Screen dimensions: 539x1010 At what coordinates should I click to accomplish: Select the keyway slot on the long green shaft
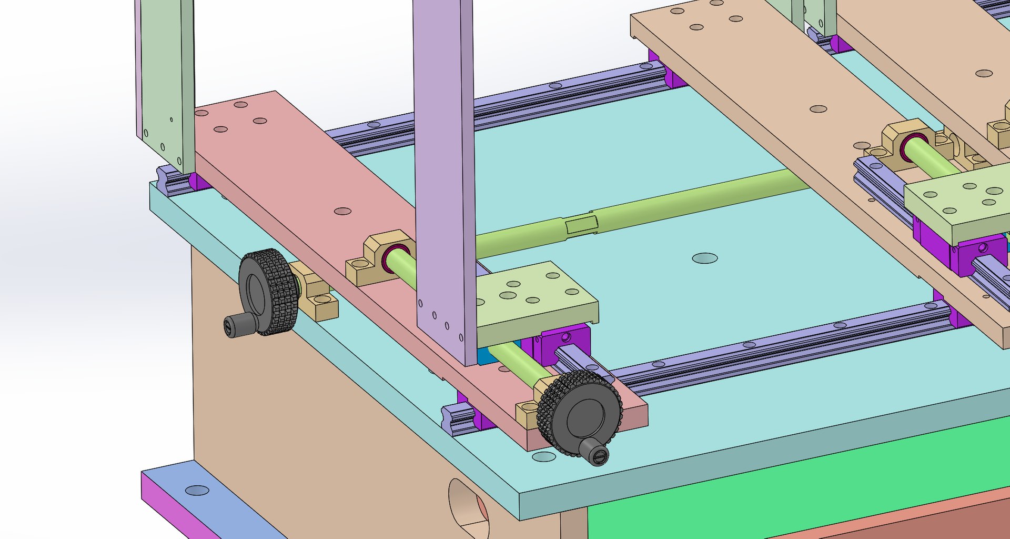pos(582,226)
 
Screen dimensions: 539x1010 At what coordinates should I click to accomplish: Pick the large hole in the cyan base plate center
pos(704,258)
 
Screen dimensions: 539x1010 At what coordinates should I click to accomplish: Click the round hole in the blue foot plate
pos(197,491)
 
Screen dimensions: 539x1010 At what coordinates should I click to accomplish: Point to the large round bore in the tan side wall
pos(468,508)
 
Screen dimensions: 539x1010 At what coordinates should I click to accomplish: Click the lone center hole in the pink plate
pos(342,211)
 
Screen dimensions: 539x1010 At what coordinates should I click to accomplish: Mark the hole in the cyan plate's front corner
pos(544,456)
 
